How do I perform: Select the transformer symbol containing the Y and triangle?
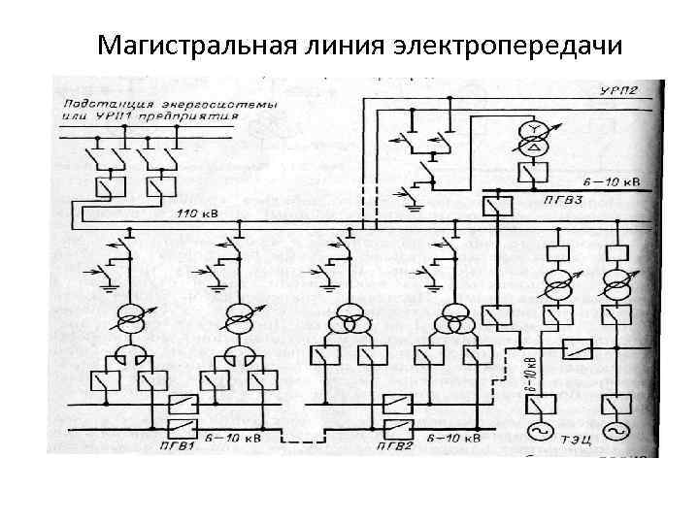(x=532, y=141)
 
